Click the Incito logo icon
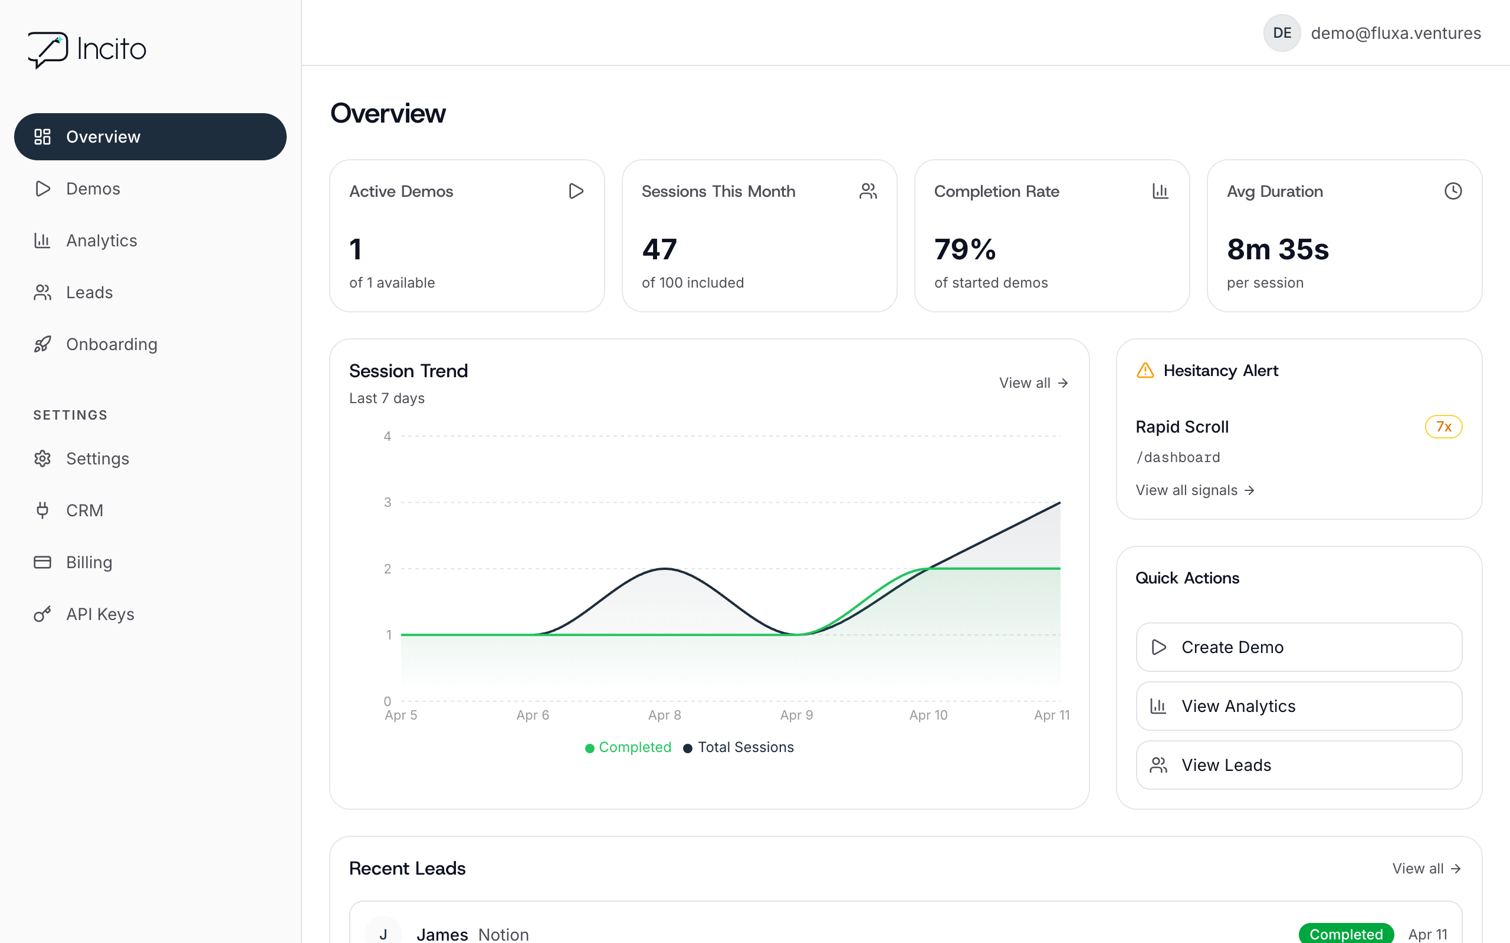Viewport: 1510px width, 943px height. [x=48, y=50]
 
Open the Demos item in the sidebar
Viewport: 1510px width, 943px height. [x=93, y=189]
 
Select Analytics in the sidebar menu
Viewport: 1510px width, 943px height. [x=101, y=240]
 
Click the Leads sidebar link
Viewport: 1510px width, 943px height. [x=89, y=292]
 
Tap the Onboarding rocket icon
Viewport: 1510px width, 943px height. [x=42, y=344]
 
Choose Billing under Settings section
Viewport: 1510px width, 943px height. [x=89, y=562]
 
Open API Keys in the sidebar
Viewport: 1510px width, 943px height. [x=100, y=614]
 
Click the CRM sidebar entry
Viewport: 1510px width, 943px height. [x=84, y=511]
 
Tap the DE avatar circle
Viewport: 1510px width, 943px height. [x=1282, y=33]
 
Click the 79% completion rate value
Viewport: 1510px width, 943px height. [x=964, y=249]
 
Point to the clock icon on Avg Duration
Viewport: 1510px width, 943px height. [x=1453, y=191]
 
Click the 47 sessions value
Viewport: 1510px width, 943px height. [x=659, y=249]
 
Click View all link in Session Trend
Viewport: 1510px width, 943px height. [x=1033, y=383]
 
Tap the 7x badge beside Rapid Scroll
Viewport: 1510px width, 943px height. [x=1443, y=427]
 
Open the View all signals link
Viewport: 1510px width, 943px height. [x=1194, y=490]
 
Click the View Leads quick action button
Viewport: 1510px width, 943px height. [x=1298, y=765]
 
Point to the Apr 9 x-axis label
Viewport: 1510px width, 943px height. [x=796, y=715]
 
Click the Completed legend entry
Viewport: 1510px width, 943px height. [x=628, y=747]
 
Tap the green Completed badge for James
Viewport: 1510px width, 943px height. [x=1345, y=934]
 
